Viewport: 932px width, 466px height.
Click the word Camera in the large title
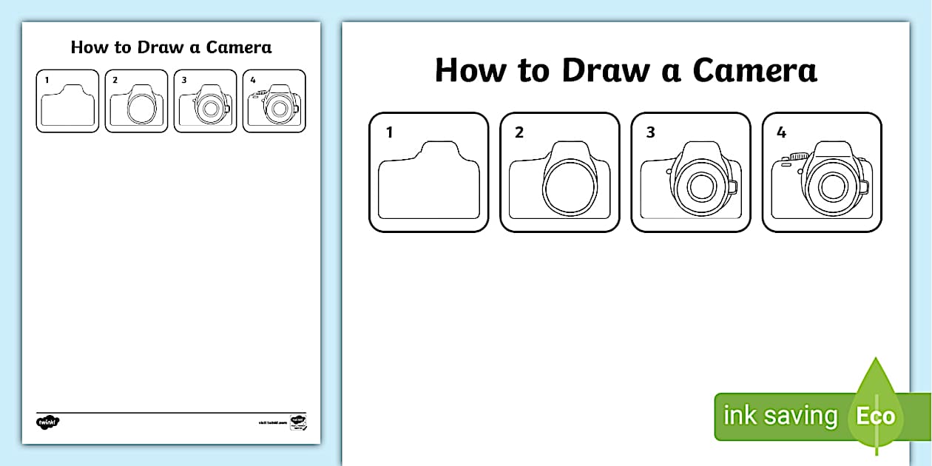754,70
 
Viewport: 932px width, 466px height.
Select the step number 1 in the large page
389,133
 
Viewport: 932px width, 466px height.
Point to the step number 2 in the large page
519,133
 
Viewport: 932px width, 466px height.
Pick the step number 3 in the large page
650,133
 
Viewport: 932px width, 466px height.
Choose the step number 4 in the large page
781,133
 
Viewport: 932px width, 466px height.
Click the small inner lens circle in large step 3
700,187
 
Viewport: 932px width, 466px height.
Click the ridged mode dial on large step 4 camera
798,156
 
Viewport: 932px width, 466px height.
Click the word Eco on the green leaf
876,416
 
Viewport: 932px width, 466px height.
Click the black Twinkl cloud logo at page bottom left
47,422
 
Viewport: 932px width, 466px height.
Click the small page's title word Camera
239,47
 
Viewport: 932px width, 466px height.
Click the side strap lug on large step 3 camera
733,187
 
